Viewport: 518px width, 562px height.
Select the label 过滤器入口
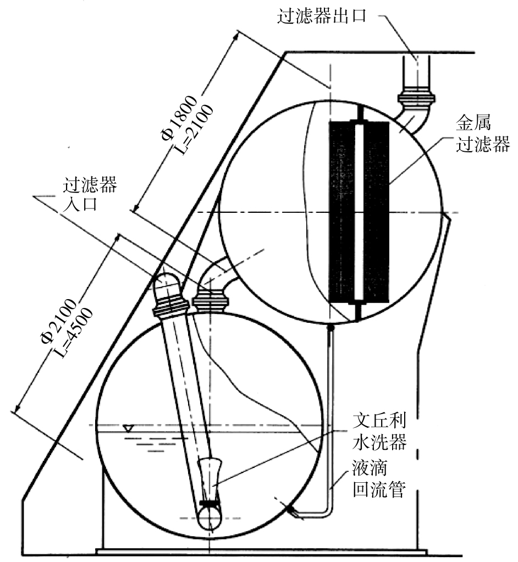coord(90,194)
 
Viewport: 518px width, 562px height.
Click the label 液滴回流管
coord(379,479)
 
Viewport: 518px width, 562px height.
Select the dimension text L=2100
coord(195,129)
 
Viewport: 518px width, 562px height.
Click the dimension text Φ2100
coord(58,320)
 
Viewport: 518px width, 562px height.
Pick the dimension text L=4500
coord(75,332)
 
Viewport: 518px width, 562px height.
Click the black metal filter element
coord(359,212)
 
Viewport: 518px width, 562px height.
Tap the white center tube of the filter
coord(359,212)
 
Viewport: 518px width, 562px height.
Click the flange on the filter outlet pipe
coord(416,97)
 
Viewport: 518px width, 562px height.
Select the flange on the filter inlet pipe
coord(210,300)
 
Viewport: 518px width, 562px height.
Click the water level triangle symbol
coord(128,428)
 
